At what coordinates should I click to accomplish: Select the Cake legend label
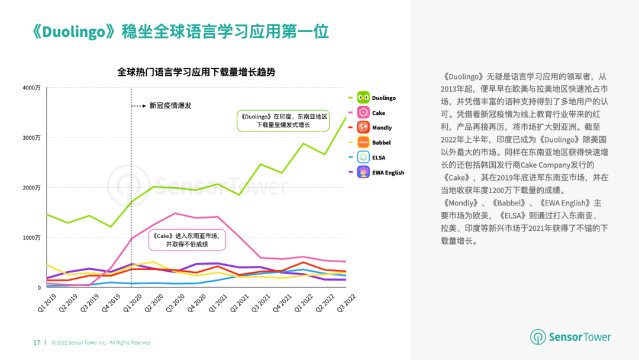coord(379,113)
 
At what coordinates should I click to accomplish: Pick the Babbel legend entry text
coord(382,143)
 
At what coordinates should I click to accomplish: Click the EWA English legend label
coord(388,173)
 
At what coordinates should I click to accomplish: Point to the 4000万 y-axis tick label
coord(31,88)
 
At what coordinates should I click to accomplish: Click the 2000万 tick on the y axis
coord(31,188)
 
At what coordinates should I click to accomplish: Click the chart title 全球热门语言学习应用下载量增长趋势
coord(196,72)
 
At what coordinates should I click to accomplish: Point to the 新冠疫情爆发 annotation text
coord(170,106)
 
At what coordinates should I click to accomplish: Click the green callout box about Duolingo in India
coord(283,121)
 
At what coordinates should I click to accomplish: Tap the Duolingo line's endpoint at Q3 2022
coord(346,117)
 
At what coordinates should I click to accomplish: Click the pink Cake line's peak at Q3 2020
coord(175,213)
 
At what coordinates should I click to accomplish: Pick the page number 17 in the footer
coord(37,342)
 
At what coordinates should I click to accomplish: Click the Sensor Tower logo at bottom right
coord(570,337)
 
